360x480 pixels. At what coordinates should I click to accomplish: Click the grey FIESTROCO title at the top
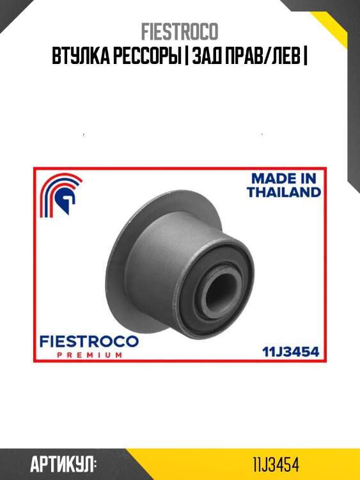(180, 31)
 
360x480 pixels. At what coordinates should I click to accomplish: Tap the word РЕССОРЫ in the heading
(145, 56)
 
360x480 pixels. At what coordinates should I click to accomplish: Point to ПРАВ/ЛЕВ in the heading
(262, 56)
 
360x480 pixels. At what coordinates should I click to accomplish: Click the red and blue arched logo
(60, 195)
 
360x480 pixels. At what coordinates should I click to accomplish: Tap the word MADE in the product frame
(271, 179)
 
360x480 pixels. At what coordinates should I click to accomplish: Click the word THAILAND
(284, 192)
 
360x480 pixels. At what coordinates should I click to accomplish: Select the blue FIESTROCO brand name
(89, 342)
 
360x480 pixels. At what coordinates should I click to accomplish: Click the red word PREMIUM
(90, 355)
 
